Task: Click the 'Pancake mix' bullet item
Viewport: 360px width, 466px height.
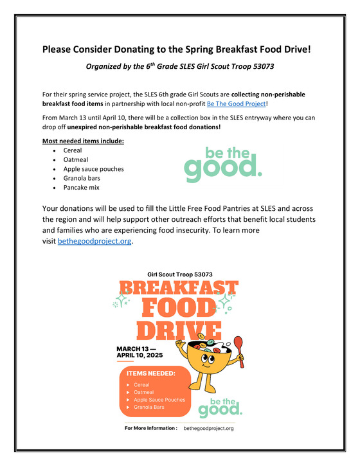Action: click(82, 188)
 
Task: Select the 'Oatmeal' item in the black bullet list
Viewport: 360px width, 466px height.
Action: click(75, 160)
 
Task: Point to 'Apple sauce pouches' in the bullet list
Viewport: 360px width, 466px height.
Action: click(94, 169)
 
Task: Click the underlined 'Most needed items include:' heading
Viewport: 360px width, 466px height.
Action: click(83, 141)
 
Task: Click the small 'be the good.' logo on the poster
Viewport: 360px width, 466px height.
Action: click(220, 402)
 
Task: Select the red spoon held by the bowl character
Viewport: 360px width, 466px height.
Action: click(237, 352)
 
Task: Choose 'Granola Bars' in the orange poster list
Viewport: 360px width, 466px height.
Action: click(149, 408)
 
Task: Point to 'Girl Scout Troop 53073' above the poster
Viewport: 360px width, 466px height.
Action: click(180, 274)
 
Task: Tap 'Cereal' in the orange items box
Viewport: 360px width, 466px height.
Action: click(141, 385)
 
